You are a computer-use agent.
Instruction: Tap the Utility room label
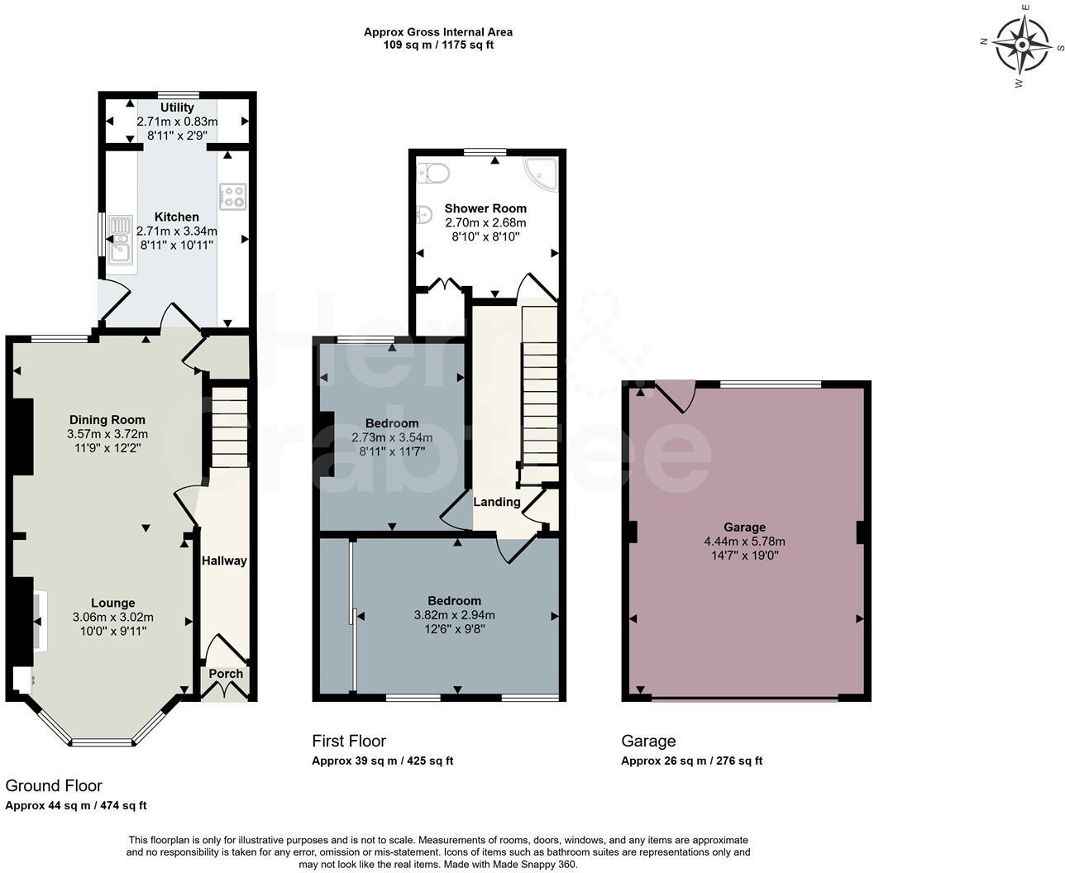177,107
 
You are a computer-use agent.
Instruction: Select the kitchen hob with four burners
232,196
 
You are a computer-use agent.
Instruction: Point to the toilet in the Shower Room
432,173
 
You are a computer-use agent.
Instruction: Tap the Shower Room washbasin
423,213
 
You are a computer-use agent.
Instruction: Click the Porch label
226,674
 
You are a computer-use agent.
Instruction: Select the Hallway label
224,561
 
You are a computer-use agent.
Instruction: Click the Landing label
496,502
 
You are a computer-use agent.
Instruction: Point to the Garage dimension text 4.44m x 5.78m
744,541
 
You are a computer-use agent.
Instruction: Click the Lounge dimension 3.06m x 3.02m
112,617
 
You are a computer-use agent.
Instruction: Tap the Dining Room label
107,420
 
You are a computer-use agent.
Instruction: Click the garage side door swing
676,395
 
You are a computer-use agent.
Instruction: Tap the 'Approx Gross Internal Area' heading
438,32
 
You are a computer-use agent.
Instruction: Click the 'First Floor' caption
349,741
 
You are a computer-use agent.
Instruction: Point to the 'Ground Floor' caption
54,785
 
